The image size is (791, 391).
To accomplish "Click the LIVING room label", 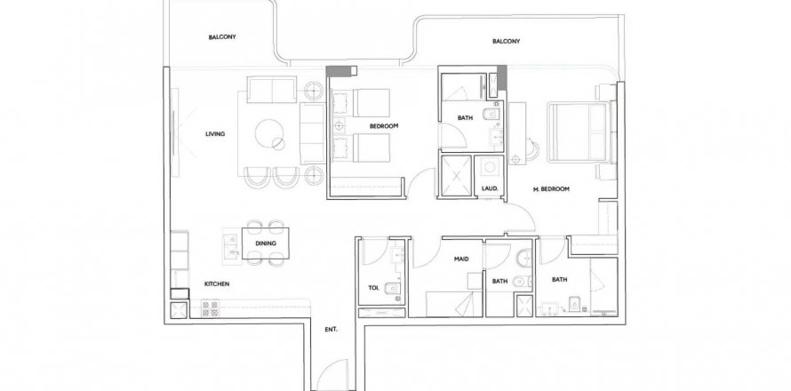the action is pyautogui.click(x=215, y=134).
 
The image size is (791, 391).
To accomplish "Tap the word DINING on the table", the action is pyautogui.click(x=266, y=243).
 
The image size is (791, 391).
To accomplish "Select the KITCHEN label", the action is pyautogui.click(x=217, y=284).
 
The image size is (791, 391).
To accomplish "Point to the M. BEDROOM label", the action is pyautogui.click(x=551, y=189).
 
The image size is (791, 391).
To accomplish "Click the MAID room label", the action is pyautogui.click(x=461, y=259).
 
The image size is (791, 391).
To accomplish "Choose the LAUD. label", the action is pyautogui.click(x=490, y=188).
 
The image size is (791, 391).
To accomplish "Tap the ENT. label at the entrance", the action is pyautogui.click(x=331, y=330).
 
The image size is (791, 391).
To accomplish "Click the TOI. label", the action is pyautogui.click(x=374, y=288).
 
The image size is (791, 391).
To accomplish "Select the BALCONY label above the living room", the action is pyautogui.click(x=222, y=36).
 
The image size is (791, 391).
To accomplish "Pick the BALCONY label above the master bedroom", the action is pyautogui.click(x=506, y=42).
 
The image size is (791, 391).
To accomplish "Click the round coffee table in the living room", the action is pyautogui.click(x=269, y=133).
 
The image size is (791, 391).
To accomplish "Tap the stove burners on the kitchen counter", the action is pyautogui.click(x=211, y=308).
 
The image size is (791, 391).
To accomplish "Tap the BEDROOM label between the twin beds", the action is pyautogui.click(x=384, y=126).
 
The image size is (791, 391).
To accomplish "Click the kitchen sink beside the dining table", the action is pyautogui.click(x=231, y=245).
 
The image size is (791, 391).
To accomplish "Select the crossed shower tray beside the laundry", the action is pyautogui.click(x=456, y=175).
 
